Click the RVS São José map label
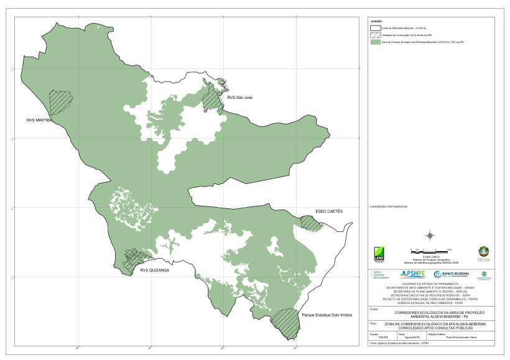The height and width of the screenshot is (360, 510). click(x=239, y=98)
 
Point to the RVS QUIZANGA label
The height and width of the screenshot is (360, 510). click(x=154, y=270)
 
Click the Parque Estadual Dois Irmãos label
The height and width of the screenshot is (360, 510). click(x=327, y=315)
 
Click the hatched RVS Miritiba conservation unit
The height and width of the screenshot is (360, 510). click(x=61, y=102)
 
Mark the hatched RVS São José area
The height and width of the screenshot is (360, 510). click(x=213, y=97)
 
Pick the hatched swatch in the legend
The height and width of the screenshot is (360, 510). click(x=374, y=35)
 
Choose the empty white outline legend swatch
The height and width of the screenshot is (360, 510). click(x=374, y=28)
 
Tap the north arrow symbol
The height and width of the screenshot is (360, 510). click(x=430, y=235)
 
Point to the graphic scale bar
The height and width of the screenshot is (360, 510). click(x=430, y=249)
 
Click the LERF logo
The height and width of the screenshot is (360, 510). click(x=379, y=254)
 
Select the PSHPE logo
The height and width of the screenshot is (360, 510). click(x=413, y=274)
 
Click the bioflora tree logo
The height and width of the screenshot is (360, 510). click(x=483, y=253)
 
